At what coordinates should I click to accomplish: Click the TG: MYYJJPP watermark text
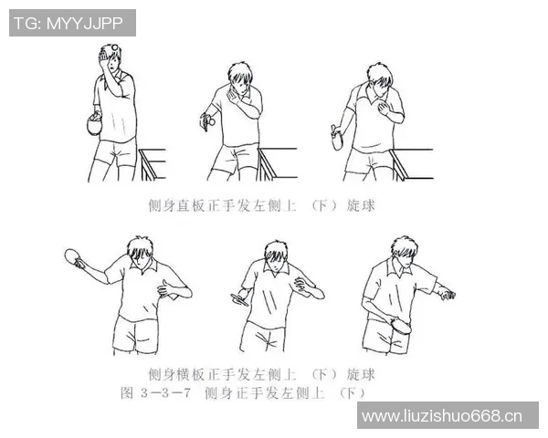point(72,23)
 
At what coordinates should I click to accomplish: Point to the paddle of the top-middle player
point(208,119)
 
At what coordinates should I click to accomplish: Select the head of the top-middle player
point(240,77)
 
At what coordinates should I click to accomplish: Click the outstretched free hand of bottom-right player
point(446,294)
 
